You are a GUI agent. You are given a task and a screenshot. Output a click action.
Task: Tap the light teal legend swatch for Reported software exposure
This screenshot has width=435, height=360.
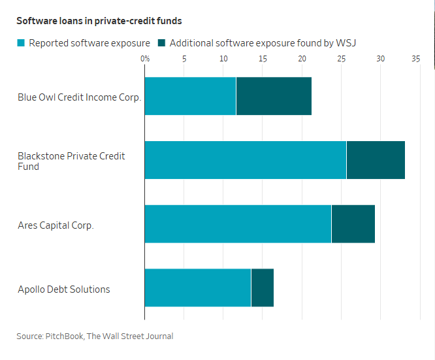click(21, 43)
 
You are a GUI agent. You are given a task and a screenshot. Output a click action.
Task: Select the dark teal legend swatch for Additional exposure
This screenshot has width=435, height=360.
click(161, 43)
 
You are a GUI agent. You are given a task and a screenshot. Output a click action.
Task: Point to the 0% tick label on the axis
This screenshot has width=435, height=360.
click(145, 59)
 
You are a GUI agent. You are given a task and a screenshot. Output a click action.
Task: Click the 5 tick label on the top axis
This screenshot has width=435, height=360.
click(184, 59)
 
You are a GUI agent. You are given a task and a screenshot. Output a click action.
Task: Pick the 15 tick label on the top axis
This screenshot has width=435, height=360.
click(263, 59)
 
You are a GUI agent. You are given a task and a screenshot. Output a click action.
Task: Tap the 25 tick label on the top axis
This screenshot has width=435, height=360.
click(341, 59)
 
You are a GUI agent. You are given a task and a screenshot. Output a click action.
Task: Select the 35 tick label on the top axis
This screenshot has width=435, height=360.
click(415, 59)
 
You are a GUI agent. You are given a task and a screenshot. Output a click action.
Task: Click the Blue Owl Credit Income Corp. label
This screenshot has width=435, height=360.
click(80, 97)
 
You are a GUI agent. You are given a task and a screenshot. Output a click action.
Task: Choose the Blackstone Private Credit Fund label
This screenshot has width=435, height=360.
click(71, 161)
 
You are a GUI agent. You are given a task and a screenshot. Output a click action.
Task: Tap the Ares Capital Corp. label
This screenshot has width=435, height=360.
click(56, 225)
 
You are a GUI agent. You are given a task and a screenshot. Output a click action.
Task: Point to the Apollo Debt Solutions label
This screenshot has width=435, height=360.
click(64, 289)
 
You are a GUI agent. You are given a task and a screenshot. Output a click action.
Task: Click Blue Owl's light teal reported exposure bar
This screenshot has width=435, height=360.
click(190, 96)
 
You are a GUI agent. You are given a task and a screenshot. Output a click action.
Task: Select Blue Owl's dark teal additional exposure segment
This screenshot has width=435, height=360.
click(274, 96)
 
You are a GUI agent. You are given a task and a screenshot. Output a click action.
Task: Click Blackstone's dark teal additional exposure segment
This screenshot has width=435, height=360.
click(376, 160)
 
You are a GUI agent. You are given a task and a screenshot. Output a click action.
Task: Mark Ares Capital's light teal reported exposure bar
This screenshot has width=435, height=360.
click(238, 224)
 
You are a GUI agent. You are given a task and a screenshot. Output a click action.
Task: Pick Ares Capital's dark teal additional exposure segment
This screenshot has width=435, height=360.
click(353, 224)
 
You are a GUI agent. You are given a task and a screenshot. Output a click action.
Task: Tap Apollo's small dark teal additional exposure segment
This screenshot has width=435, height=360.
click(263, 288)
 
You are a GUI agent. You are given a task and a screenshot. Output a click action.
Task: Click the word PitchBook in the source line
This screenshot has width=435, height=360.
click(64, 336)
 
